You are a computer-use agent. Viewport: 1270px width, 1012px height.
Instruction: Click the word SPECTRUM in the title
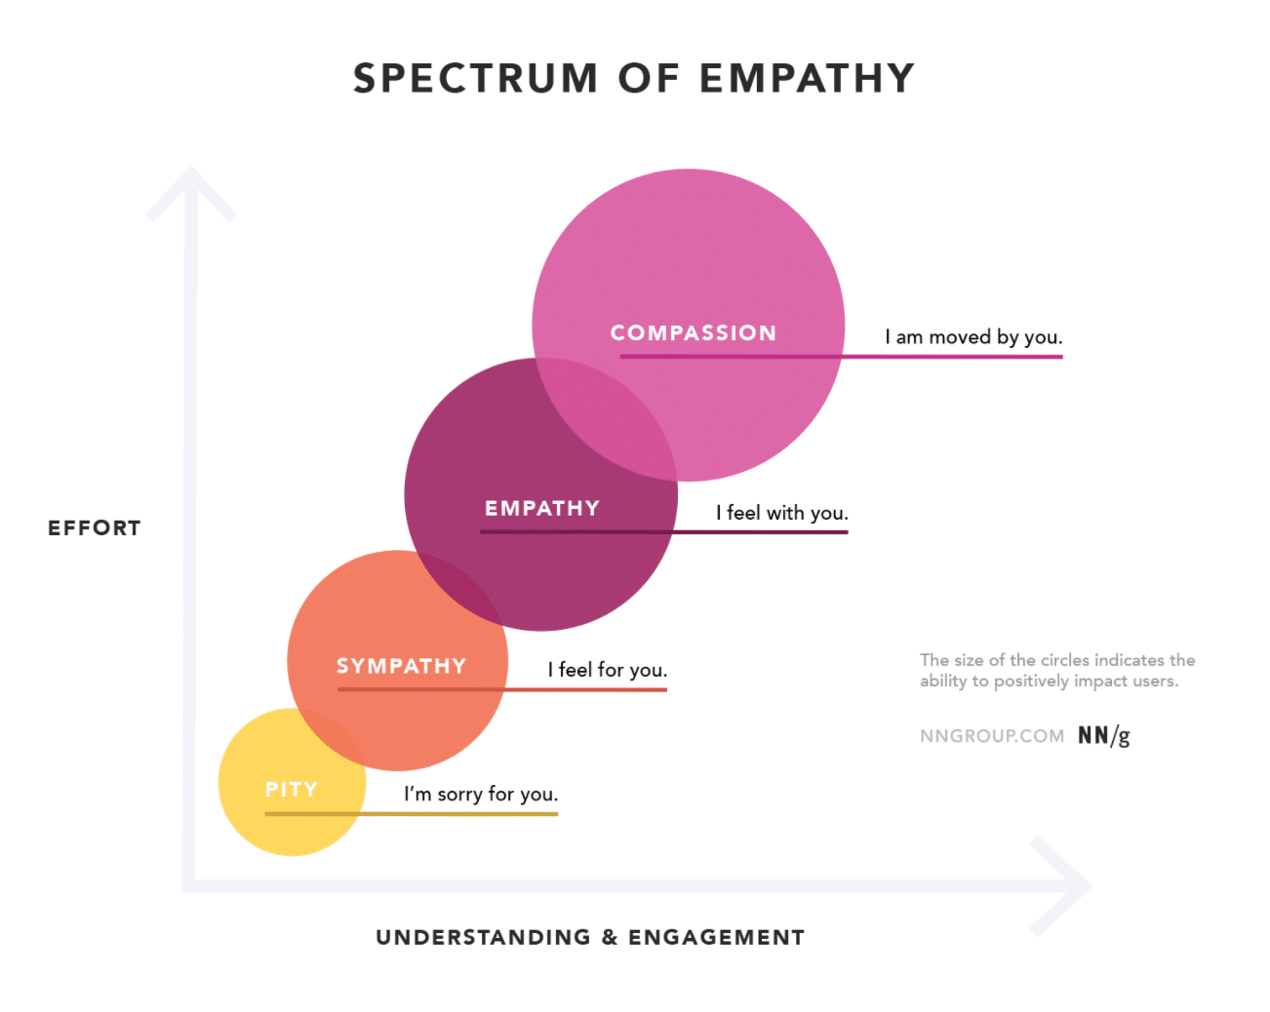(x=475, y=78)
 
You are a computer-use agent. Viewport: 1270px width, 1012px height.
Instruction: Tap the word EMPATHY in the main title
(x=807, y=78)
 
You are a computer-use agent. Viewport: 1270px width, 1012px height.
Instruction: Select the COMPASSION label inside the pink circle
(x=693, y=333)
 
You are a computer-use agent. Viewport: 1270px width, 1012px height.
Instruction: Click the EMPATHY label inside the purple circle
(x=541, y=509)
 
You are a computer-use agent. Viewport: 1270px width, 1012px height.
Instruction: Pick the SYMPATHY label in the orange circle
(x=401, y=667)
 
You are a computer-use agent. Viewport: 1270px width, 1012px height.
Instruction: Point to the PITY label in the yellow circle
(x=292, y=790)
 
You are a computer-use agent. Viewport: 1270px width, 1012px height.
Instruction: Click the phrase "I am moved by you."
(x=972, y=337)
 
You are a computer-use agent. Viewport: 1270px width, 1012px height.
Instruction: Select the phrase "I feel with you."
(x=781, y=513)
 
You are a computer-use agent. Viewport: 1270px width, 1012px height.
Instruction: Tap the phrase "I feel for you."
(x=607, y=670)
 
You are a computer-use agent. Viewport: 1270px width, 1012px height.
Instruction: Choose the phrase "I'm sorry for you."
(x=481, y=795)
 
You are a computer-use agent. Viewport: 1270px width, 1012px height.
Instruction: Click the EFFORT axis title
(x=95, y=528)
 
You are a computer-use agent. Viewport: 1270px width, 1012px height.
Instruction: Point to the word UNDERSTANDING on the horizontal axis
(x=483, y=938)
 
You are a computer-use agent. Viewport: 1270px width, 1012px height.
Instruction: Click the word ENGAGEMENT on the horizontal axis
(x=716, y=938)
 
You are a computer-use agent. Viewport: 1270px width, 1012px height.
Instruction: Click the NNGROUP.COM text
(x=991, y=736)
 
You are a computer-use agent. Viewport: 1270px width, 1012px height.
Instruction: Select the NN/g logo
(x=1103, y=736)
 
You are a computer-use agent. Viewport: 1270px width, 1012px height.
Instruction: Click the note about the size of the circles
(x=1056, y=671)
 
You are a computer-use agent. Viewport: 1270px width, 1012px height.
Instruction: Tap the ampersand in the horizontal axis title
(x=610, y=938)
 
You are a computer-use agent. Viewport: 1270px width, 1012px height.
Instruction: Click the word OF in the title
(x=648, y=78)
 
